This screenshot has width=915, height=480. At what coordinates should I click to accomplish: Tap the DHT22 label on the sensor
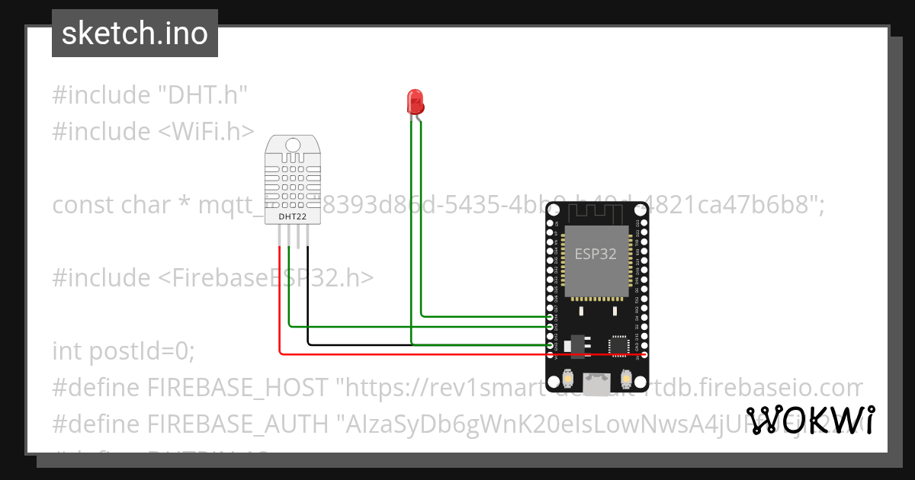click(292, 216)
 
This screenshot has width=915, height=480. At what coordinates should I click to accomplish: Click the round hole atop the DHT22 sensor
click(292, 144)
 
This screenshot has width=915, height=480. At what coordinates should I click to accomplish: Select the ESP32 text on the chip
click(596, 254)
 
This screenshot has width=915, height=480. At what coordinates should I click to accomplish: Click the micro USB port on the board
click(596, 381)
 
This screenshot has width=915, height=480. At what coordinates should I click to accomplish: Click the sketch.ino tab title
click(135, 34)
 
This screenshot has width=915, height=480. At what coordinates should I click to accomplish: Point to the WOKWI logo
click(810, 421)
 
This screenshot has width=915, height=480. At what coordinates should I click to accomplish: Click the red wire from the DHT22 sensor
click(280, 305)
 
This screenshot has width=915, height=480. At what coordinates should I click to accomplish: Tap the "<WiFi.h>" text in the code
click(206, 132)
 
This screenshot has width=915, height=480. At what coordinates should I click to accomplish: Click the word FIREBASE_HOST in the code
click(239, 388)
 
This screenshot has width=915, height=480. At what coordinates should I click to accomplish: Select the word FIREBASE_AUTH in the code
click(239, 424)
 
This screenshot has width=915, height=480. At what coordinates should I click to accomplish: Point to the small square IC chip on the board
click(619, 345)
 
